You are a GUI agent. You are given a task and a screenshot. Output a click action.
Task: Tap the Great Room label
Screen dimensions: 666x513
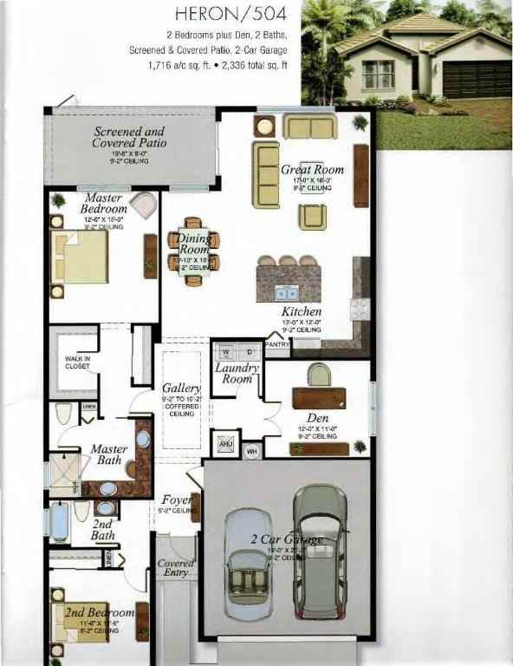312,170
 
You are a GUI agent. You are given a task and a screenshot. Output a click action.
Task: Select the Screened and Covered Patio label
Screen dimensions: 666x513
130,137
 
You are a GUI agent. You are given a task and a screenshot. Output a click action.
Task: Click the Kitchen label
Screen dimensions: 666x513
302,311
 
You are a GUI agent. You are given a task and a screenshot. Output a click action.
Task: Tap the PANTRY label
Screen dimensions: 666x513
277,344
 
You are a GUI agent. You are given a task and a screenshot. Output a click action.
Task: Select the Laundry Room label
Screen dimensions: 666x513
236,373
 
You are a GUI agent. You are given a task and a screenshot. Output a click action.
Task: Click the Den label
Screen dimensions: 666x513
317,417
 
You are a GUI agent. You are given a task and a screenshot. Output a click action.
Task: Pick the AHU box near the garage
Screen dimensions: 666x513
225,444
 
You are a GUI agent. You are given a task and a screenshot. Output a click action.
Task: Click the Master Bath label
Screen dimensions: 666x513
109,455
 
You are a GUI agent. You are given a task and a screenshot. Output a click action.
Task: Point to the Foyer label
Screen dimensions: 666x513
177,500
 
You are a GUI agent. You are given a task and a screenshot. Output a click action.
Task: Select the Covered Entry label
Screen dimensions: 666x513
176,568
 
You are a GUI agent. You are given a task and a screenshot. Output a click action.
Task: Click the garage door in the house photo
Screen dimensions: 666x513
476,80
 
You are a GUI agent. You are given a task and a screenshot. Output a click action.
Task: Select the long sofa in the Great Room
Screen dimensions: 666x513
265,173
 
